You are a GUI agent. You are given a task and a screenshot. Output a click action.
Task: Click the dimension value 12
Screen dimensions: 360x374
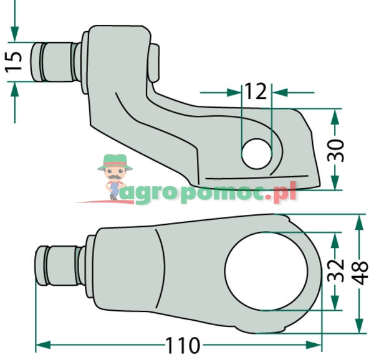[256, 92]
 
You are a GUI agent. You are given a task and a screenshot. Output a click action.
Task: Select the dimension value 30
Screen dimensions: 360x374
[337, 150]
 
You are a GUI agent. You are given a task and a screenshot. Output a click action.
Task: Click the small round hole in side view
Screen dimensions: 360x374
[256, 153]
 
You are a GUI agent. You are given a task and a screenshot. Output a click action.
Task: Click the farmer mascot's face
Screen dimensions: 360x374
[113, 174]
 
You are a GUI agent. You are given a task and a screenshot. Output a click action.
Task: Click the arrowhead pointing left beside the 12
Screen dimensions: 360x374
[279, 92]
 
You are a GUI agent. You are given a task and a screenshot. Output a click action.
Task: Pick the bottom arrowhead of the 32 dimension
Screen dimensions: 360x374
[336, 305]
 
